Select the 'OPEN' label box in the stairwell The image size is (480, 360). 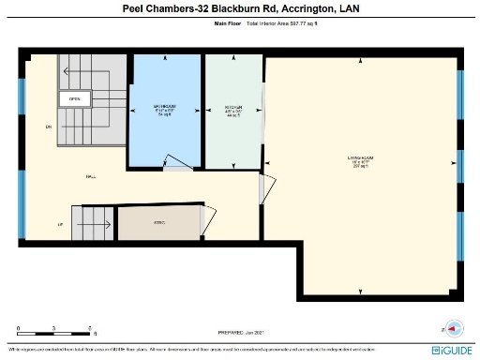pos(74,98)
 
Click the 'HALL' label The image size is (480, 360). pos(91,175)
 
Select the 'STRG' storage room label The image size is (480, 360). pos(159,222)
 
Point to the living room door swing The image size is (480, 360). pos(267,187)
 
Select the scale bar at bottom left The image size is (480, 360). pos(54,332)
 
